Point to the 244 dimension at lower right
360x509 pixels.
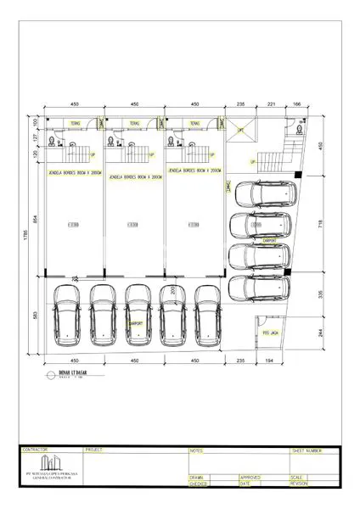(x=320, y=333)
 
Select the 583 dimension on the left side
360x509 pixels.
(x=36, y=316)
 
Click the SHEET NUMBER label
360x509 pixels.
(x=307, y=451)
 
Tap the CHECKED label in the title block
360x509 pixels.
(x=199, y=484)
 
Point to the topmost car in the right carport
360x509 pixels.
(x=266, y=197)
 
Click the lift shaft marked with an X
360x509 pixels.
(x=239, y=131)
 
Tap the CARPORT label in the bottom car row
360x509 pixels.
(x=134, y=323)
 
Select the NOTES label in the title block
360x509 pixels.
(x=197, y=451)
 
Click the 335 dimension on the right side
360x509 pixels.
(x=320, y=294)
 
